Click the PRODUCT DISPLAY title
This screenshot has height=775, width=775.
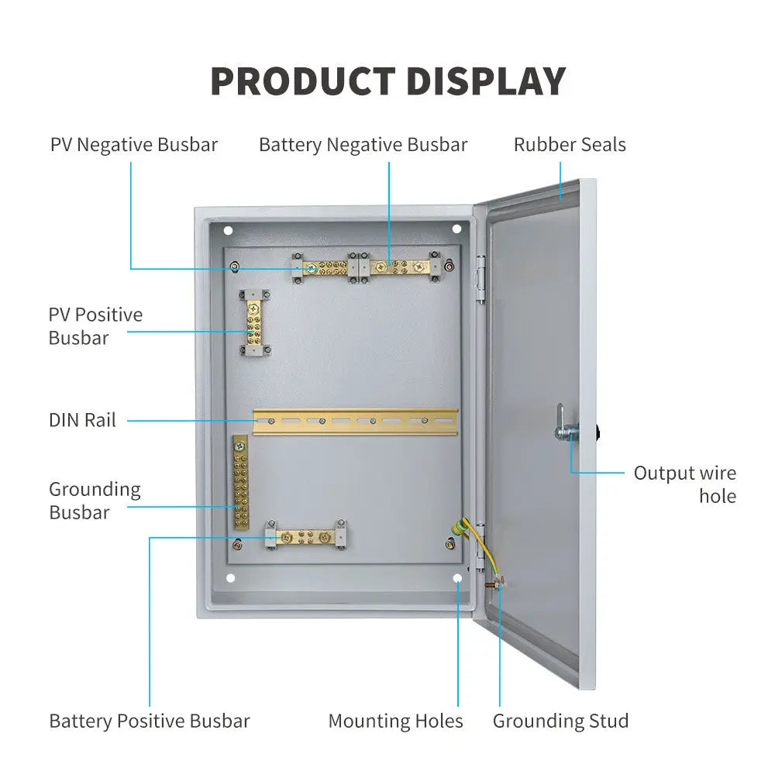387,81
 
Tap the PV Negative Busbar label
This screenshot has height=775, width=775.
134,145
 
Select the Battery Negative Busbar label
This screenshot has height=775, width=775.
363,145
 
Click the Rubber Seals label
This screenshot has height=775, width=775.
570,145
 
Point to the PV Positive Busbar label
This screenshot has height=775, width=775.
95,326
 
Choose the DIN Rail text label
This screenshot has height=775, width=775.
82,420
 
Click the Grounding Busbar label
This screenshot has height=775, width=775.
95,501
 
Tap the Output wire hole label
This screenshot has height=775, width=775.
684,484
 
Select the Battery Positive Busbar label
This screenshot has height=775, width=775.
150,721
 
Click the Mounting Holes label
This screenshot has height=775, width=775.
395,721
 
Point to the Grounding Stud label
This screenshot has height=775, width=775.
560,721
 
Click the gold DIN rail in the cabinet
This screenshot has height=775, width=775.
355,422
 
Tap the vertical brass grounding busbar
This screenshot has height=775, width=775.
241,483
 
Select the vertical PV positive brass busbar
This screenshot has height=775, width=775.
253,322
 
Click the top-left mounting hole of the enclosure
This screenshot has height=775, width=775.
228,230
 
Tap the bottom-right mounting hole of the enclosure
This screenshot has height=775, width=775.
457,578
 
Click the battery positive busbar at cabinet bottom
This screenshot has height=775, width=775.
305,536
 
